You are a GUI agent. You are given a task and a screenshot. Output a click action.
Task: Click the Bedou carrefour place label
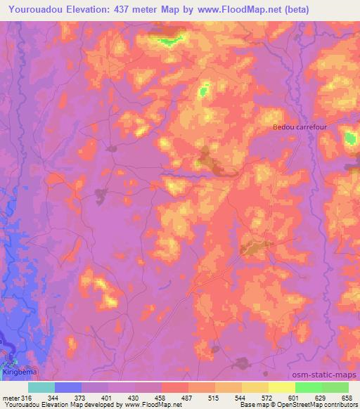tap(301, 127)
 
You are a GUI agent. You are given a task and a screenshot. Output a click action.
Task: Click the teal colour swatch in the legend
tap(41, 387)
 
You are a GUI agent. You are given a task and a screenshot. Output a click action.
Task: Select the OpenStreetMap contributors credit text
tap(322, 405)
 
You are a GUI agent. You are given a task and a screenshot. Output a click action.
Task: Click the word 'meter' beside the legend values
tap(11, 397)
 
